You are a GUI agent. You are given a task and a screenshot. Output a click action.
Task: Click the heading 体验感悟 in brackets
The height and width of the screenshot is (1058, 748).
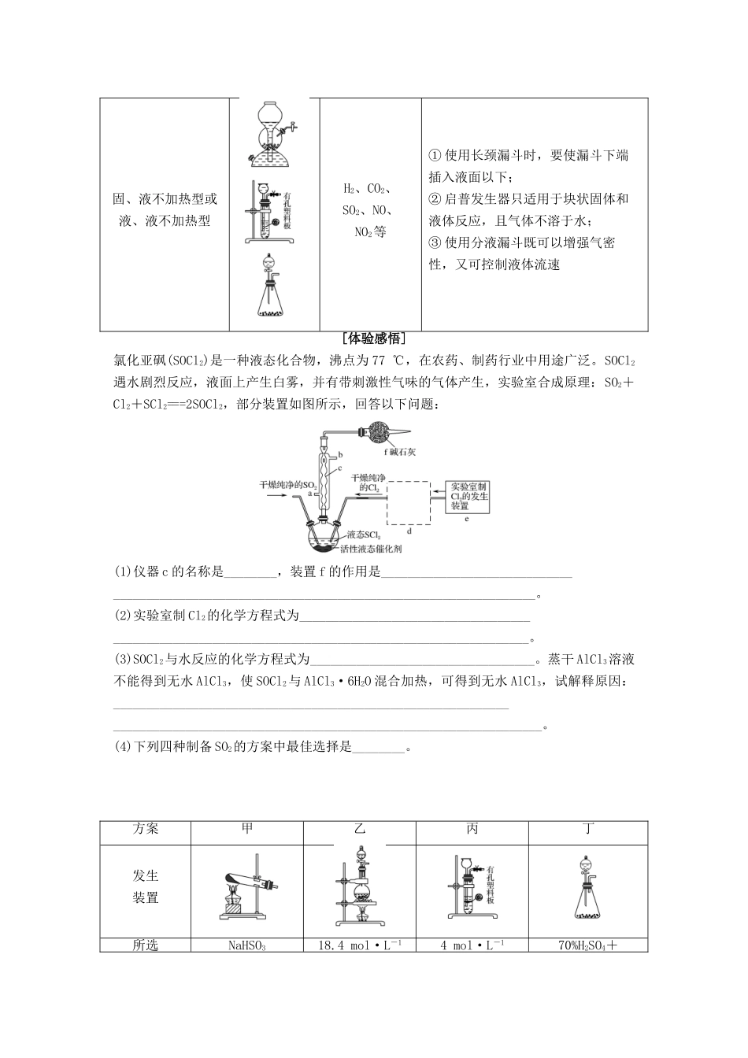[x=374, y=339]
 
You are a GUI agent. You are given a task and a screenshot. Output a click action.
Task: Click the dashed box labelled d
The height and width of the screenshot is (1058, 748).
[x=408, y=502]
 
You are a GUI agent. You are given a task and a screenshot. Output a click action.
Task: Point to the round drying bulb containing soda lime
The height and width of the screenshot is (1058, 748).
[x=374, y=431]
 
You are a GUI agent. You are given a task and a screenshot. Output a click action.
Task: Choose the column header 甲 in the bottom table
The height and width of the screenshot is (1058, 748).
[x=247, y=829]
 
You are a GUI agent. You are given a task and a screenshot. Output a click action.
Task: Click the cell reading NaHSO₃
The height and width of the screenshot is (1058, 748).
[x=246, y=945]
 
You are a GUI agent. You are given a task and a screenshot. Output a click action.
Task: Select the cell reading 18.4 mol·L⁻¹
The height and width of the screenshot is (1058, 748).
[x=360, y=945]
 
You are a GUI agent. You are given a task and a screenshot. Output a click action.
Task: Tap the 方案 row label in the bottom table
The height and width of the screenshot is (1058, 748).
[x=146, y=829]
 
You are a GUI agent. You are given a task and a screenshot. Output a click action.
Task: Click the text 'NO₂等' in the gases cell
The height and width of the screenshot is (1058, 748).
[x=370, y=232]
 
